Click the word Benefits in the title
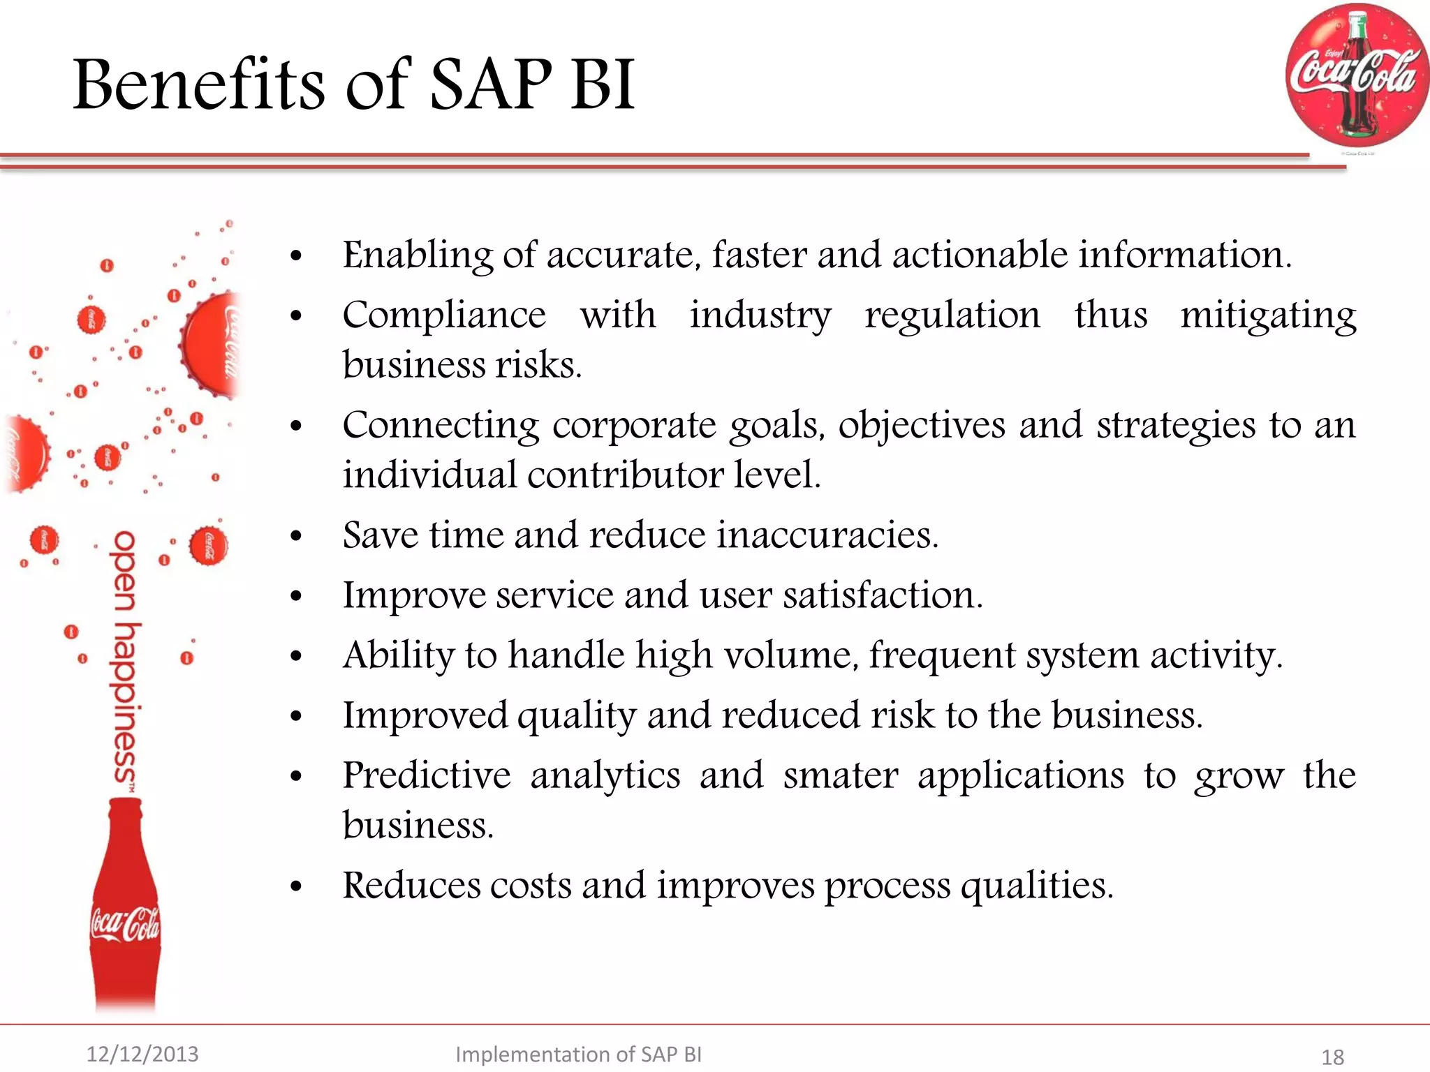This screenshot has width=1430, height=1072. click(199, 85)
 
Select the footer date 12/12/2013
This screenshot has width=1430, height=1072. click(142, 1054)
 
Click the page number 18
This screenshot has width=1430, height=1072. click(1332, 1057)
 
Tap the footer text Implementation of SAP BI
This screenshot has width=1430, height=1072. click(578, 1054)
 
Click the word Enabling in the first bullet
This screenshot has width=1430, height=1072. click(416, 255)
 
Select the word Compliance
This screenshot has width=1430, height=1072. click(444, 315)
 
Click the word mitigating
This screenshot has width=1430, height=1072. click(1268, 315)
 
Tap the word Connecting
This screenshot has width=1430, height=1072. click(441, 426)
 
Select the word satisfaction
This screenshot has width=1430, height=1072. click(882, 596)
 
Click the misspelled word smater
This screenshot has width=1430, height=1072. click(841, 776)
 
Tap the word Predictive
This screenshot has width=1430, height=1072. click(427, 776)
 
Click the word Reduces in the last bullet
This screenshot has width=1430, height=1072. click(411, 886)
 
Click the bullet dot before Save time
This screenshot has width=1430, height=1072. click(296, 537)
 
